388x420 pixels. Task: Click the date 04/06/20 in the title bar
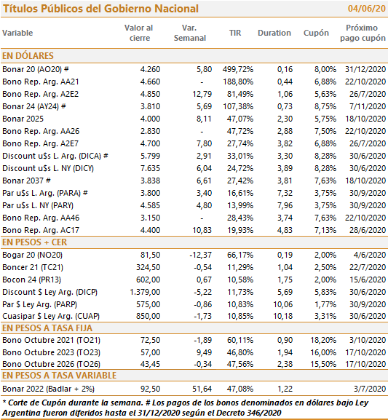pos(367,9)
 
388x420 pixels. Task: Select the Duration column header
pos(274,33)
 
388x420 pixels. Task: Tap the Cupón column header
pos(316,33)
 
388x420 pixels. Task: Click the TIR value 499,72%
pos(237,69)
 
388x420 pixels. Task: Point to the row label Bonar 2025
pos(23,119)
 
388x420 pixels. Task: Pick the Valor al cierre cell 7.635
pos(150,168)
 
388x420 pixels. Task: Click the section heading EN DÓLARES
pos(28,56)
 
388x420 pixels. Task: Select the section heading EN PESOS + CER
pos(34,242)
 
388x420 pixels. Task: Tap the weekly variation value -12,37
pos(200,255)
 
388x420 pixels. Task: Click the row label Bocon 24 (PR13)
pos(31,280)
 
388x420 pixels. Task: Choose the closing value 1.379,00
pos(145,292)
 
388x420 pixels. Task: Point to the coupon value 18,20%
pos(323,340)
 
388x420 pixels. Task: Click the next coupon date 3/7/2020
pos(370,389)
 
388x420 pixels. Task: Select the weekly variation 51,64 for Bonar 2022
pos(202,389)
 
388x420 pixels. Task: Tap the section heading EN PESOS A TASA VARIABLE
pos(59,376)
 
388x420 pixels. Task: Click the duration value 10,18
pos(282,316)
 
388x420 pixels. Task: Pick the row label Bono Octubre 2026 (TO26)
pos(51,364)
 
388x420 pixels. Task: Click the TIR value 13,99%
pos(240,205)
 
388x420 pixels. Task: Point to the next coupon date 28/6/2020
pos(368,230)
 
